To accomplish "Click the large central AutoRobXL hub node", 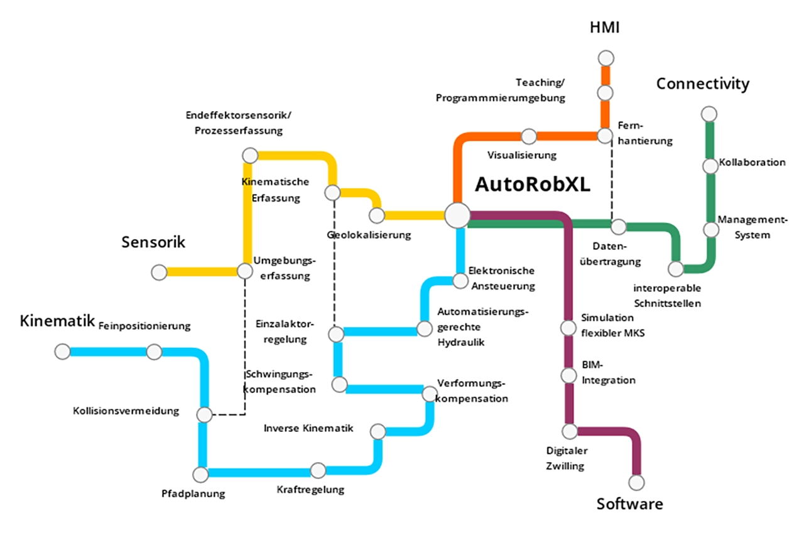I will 457,215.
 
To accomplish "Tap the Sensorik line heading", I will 153,242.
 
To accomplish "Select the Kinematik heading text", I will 57,321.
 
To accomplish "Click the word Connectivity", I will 703,83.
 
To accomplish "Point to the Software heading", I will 629,504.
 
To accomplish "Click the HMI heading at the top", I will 605,28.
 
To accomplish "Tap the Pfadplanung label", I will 193,493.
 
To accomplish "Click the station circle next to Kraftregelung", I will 318,470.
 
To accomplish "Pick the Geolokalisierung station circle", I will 377,215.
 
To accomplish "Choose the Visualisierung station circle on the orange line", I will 529,136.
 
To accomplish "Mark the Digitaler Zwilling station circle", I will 569,431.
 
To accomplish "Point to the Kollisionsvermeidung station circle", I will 204,415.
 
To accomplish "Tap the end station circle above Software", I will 636,483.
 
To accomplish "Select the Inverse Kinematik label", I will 308,428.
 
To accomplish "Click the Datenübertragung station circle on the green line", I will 619,227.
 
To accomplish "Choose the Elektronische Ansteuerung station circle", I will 461,280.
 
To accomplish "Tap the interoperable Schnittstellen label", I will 667,296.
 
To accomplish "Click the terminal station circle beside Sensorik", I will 159,272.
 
